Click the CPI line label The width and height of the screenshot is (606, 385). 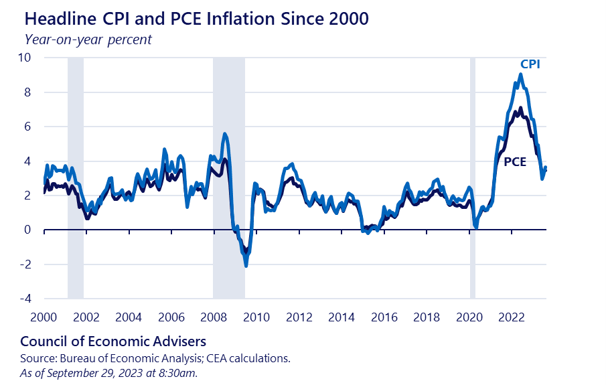(530, 64)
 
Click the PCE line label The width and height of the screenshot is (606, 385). (514, 161)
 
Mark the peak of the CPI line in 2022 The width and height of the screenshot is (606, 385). (520, 74)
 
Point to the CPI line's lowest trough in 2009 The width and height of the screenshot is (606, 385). (246, 266)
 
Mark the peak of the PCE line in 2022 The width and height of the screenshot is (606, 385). (520, 108)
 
